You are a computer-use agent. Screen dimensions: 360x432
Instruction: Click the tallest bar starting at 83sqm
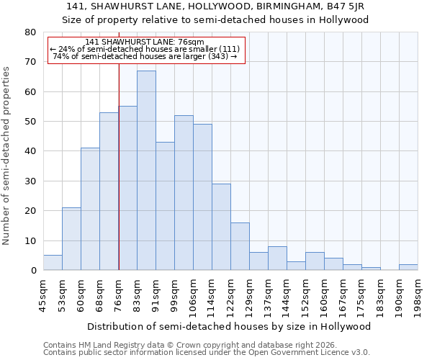[146, 171]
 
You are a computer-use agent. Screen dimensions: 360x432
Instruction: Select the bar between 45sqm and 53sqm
[53, 263]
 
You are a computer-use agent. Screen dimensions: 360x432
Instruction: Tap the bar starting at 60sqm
[90, 209]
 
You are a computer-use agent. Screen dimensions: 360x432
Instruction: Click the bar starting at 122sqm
[240, 246]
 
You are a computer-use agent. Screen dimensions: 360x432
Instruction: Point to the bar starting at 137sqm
[277, 258]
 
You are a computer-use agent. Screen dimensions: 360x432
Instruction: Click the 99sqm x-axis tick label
[175, 294]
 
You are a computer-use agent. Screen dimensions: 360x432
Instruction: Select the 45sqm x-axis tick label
[44, 294]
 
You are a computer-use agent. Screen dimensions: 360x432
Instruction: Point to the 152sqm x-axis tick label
[306, 294]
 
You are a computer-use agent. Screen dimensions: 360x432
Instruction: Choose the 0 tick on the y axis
[32, 271]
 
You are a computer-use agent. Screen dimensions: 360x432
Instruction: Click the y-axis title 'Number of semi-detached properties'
[7, 155]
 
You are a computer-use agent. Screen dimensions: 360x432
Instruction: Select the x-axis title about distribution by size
[230, 326]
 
